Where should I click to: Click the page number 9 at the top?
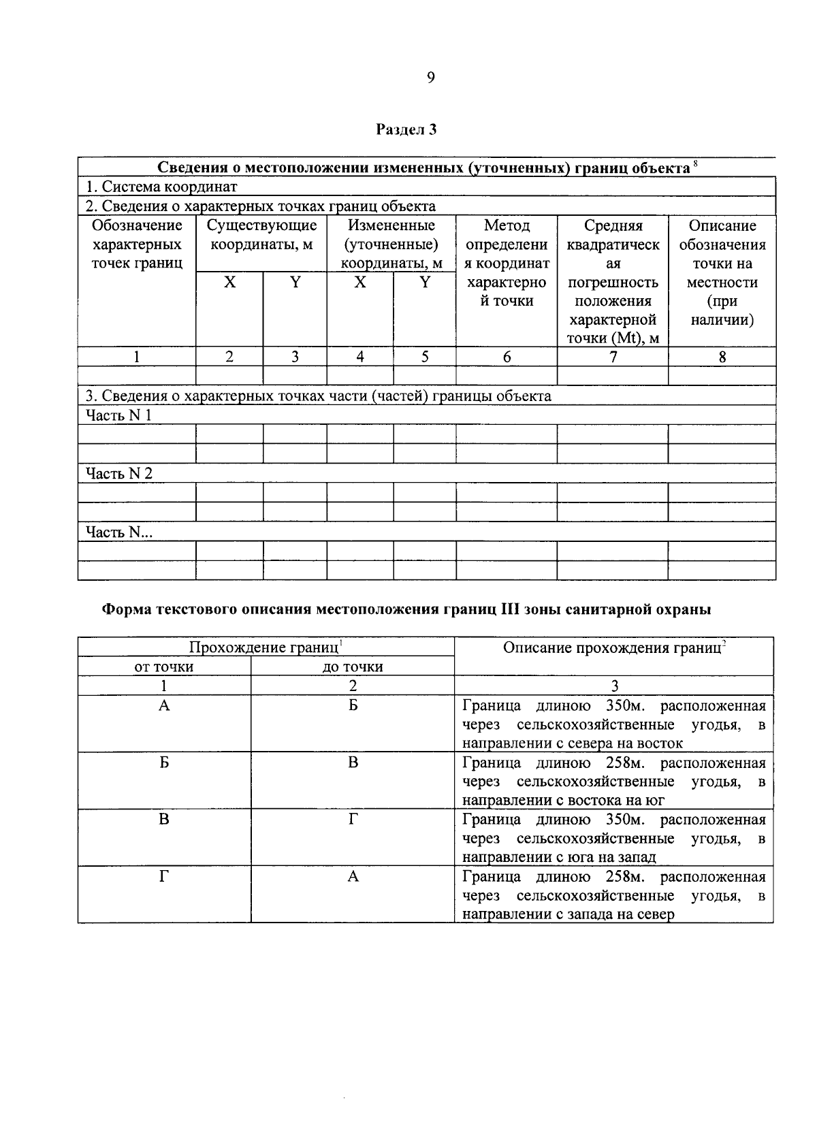430,78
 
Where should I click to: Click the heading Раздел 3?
406,129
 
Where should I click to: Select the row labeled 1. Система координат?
161,187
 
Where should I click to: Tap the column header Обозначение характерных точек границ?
137,244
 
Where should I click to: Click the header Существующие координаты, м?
261,235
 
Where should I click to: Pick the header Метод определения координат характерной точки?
507,263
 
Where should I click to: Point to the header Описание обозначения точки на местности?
722,272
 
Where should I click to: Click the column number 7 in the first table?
613,357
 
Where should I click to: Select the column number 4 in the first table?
359,357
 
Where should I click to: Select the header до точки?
352,667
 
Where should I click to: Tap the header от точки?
164,667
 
